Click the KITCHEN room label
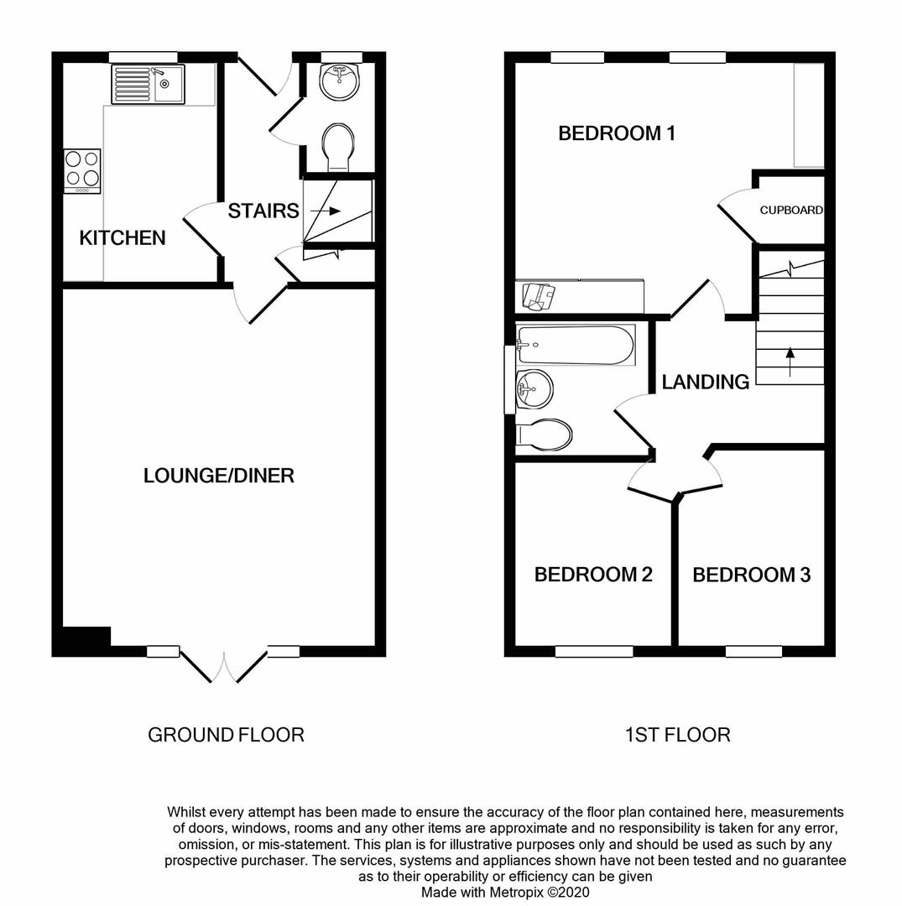123,238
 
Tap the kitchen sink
148,84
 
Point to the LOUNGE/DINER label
219,476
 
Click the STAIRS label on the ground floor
263,211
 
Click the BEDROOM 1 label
617,133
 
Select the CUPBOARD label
791,210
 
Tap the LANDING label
705,383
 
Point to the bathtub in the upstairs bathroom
576,345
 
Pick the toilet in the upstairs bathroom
545,435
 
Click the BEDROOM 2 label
593,575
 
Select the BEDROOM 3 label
751,575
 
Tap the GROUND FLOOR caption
226,735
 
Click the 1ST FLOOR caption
677,735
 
